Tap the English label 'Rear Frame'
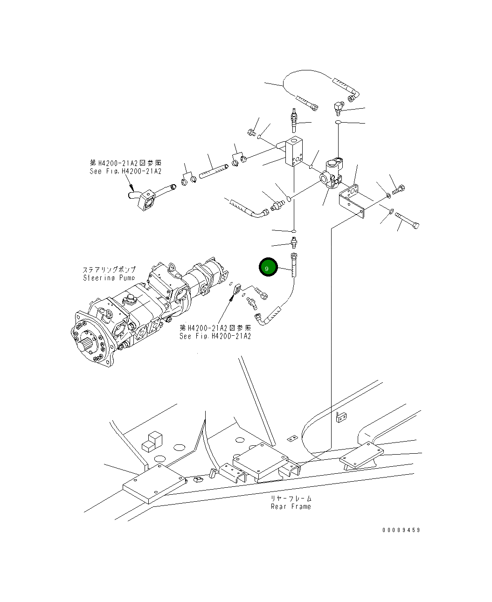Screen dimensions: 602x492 tap(291, 506)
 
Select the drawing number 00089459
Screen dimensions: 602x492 tap(401, 530)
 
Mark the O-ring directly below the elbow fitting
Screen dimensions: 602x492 tap(338, 123)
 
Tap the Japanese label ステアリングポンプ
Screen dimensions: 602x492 tap(109, 270)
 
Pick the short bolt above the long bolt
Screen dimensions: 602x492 tap(399, 190)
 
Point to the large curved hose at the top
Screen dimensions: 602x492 tap(308, 77)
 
